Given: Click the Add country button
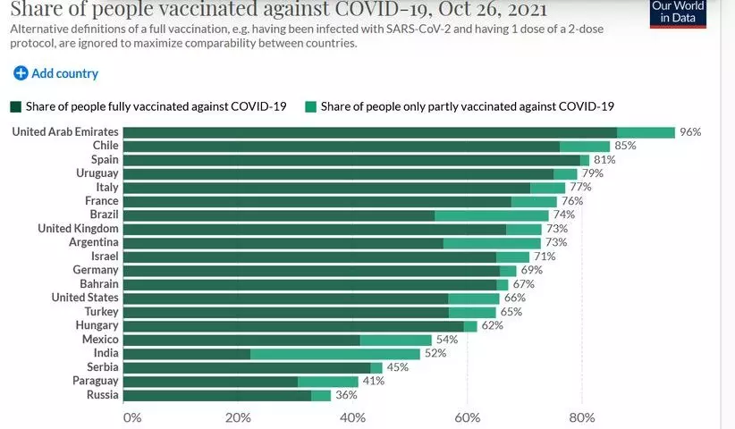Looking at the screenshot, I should pyautogui.click(x=56, y=73).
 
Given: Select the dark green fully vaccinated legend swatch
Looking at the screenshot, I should pyautogui.click(x=16, y=106).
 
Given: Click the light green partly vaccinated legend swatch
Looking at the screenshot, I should pyautogui.click(x=309, y=106).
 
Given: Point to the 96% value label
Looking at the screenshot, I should pyautogui.click(x=689, y=132).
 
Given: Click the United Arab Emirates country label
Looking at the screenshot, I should pyautogui.click(x=64, y=132).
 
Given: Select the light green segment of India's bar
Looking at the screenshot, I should pyautogui.click(x=335, y=354).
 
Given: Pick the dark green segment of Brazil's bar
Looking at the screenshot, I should pyautogui.click(x=278, y=215).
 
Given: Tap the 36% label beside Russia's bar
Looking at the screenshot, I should pyautogui.click(x=345, y=395).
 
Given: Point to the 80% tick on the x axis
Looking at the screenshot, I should pyautogui.click(x=582, y=417).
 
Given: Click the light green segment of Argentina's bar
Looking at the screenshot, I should pyautogui.click(x=492, y=243).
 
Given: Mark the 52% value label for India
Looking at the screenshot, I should pyautogui.click(x=435, y=354).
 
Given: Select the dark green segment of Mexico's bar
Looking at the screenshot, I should pyautogui.click(x=241, y=340).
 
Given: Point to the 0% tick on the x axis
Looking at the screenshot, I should pyautogui.click(x=132, y=417).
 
